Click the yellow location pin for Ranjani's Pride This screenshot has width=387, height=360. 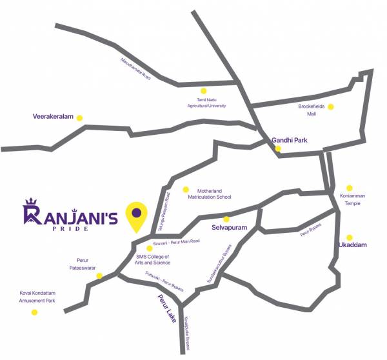pyautogui.click(x=136, y=215)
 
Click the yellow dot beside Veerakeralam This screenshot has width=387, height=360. pyautogui.click(x=79, y=118)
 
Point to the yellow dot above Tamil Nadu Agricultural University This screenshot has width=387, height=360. pyautogui.click(x=204, y=91)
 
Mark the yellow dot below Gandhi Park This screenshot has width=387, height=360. pyautogui.click(x=278, y=148)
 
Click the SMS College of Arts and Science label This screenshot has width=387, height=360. pyautogui.click(x=154, y=259)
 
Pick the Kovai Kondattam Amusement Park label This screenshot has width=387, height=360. pyautogui.click(x=37, y=297)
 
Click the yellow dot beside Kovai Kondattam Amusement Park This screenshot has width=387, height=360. pyautogui.click(x=34, y=312)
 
